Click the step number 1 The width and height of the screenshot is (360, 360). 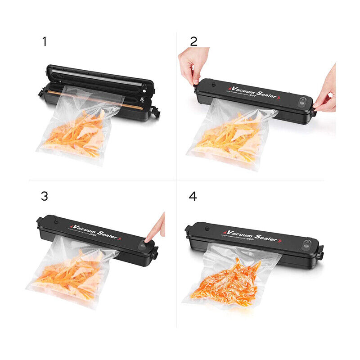[44, 42]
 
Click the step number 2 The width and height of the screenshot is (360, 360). [193, 42]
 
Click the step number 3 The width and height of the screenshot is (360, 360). [44, 196]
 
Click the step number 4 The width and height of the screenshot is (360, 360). [193, 197]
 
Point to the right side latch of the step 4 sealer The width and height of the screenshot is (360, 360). [320, 252]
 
